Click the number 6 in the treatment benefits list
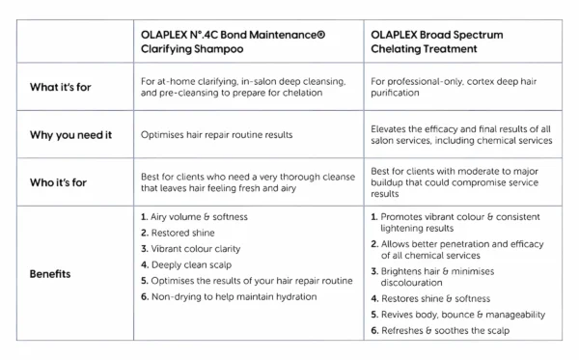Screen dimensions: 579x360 [x=374, y=331]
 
